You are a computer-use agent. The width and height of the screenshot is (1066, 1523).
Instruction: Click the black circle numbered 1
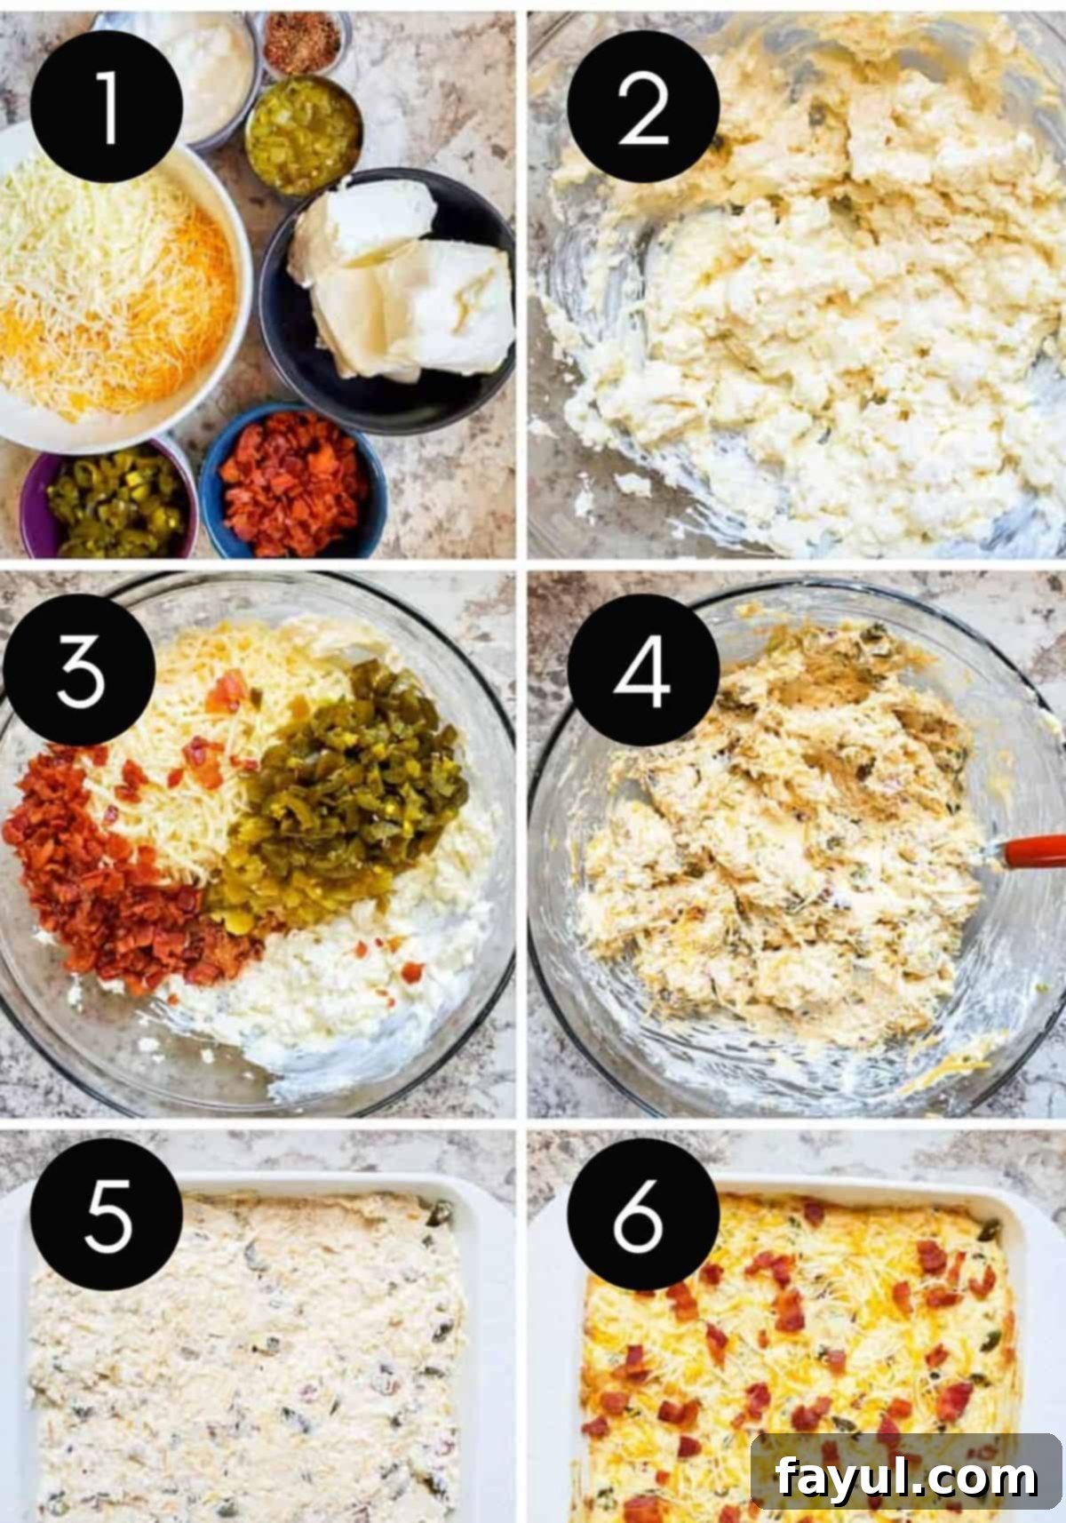pos(106,106)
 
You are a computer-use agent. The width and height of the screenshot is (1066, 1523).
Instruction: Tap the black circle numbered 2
pos(643,106)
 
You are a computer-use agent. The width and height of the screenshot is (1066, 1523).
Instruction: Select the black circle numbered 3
pos(79,669)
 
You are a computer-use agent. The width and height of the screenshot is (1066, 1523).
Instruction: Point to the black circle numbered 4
pos(643,669)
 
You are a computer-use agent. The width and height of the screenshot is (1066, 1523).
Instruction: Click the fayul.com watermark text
pos(906,1477)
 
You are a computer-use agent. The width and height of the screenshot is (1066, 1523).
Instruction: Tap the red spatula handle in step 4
pos(1033,852)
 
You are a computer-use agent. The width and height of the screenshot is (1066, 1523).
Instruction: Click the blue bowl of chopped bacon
pos(293,482)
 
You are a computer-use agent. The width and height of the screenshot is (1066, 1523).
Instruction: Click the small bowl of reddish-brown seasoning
pos(302,42)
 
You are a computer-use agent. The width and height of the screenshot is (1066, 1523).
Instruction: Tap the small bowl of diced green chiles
pos(303,135)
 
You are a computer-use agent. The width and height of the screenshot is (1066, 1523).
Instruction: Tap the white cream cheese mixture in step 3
pos(340,979)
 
